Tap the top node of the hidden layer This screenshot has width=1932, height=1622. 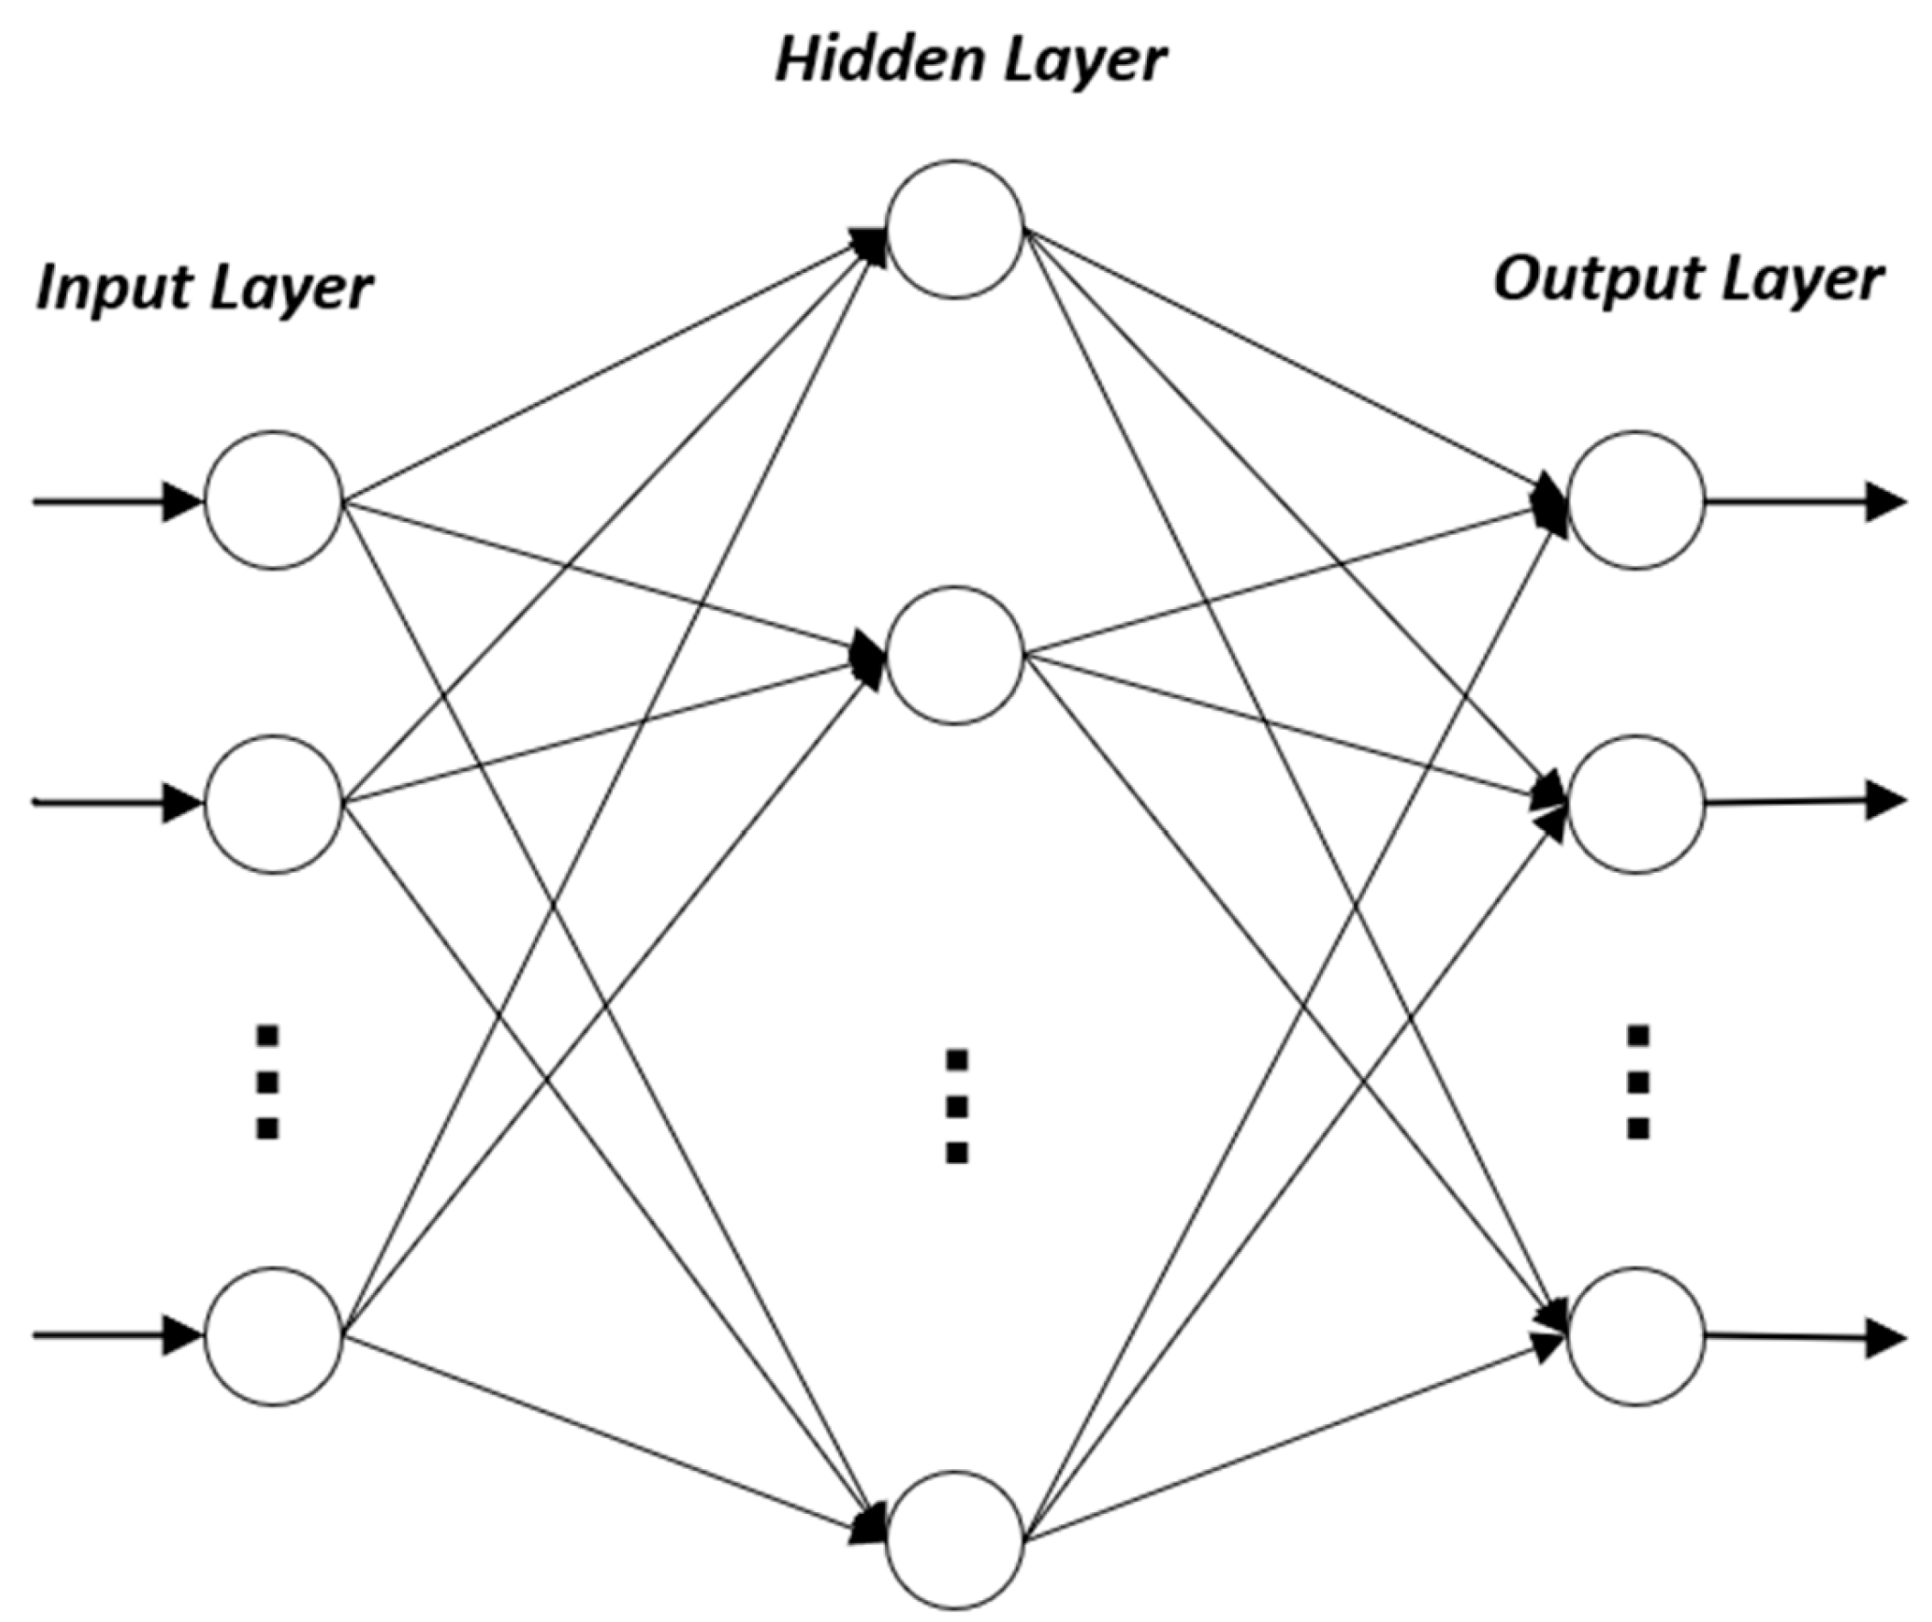tap(955, 228)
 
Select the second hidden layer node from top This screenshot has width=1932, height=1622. tap(955, 655)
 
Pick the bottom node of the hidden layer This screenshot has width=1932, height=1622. tap(955, 1540)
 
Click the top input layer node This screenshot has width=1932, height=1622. tap(273, 500)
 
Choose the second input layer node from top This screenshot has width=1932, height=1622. tap(273, 804)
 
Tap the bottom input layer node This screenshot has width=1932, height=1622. tap(273, 1336)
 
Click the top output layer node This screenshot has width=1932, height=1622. tap(1636, 500)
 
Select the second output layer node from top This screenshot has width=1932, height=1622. tap(1636, 804)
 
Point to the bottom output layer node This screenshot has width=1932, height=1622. tap(1636, 1336)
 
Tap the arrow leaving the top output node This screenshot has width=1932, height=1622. tap(1803, 502)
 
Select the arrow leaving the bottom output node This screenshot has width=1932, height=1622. tap(1803, 1338)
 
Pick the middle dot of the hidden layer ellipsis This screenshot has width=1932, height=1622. tap(956, 1106)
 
